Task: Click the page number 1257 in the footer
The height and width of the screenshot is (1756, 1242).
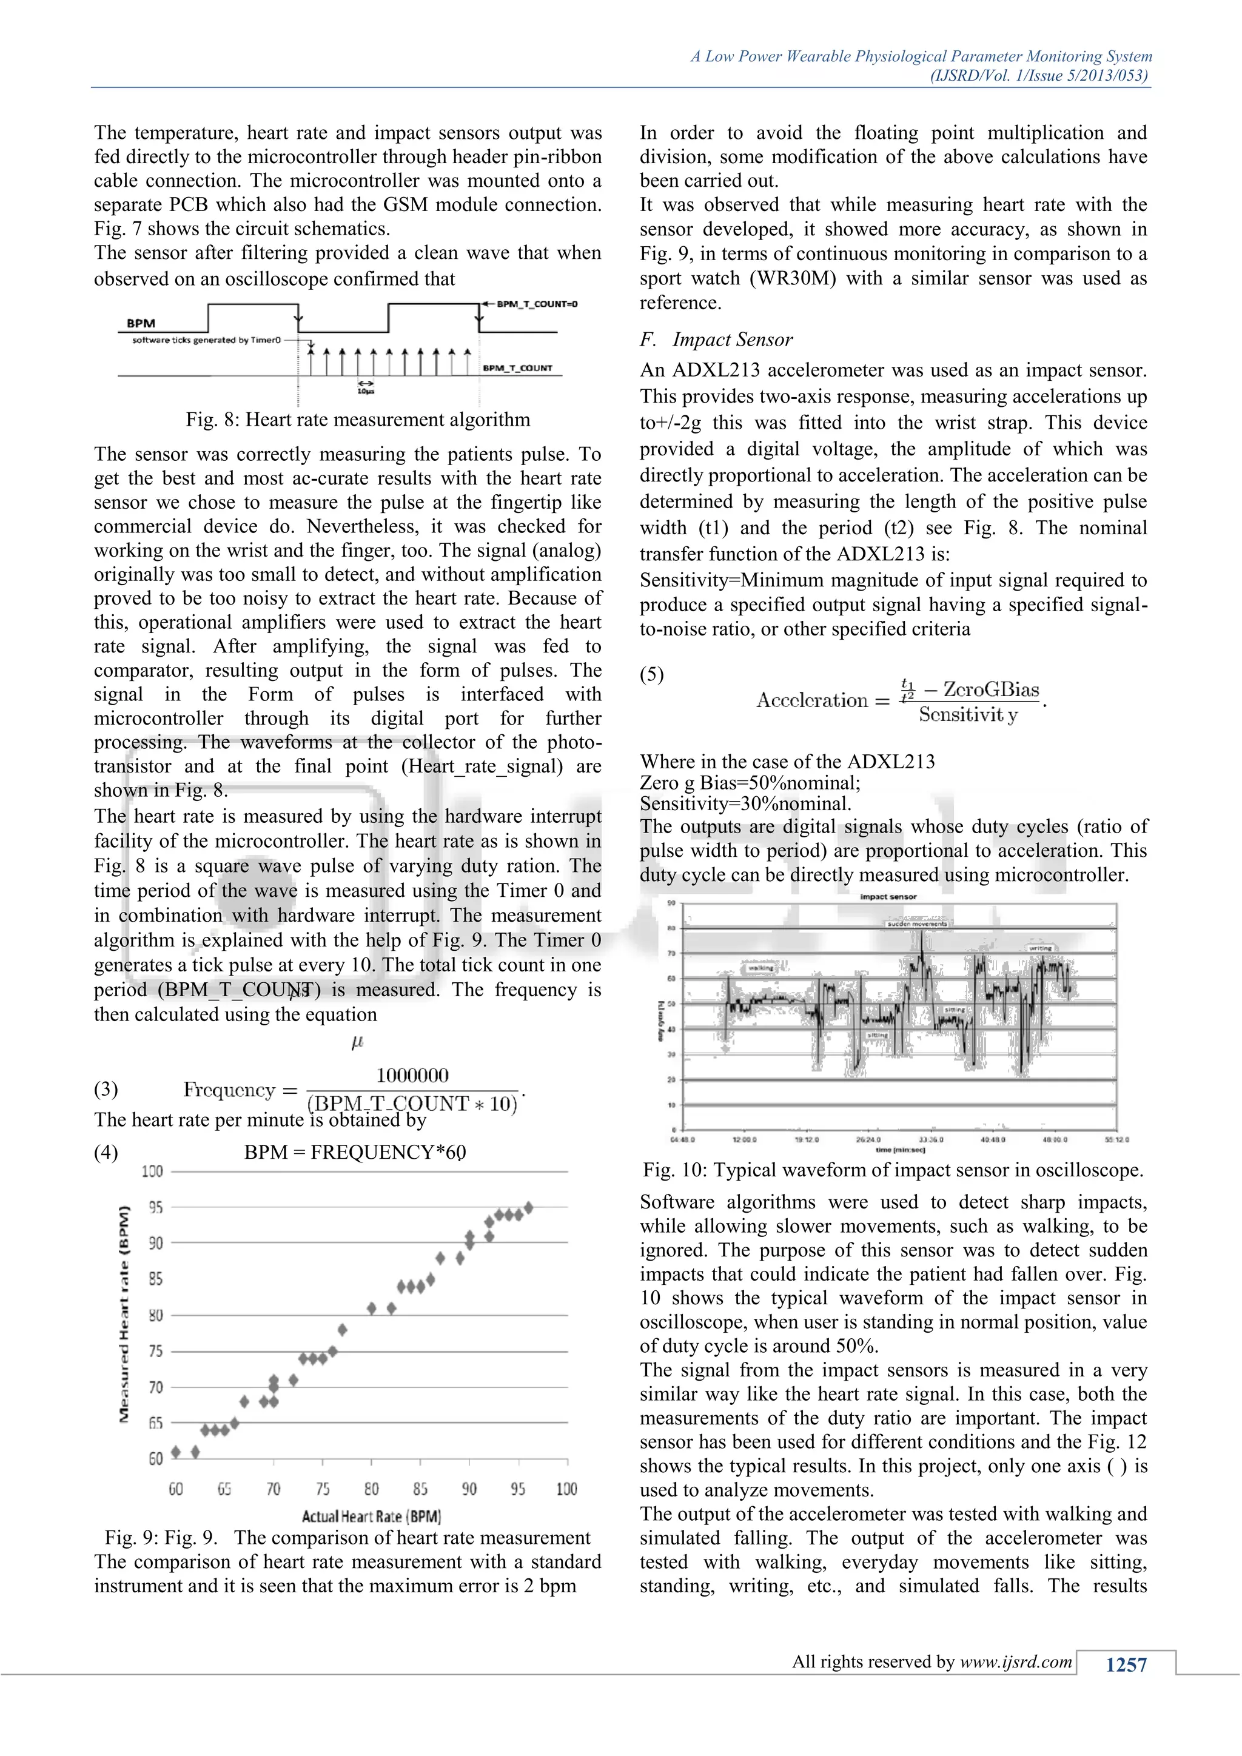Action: coord(1126,1665)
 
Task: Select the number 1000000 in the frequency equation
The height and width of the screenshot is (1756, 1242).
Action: coord(412,1075)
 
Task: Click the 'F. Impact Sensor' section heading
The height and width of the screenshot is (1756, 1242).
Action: coord(717,340)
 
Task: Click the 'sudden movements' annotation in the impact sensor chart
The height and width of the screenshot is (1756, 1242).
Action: coord(917,924)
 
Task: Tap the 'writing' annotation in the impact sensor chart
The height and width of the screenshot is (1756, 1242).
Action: coord(1040,948)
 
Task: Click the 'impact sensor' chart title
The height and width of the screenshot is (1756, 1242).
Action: coord(888,896)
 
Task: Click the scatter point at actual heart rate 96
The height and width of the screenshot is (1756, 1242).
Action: coord(528,1208)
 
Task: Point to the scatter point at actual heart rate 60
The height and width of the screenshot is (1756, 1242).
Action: coord(176,1452)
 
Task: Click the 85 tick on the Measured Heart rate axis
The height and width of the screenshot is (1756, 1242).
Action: coord(156,1279)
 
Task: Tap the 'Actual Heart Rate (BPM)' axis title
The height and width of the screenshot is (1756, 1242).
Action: coord(371,1516)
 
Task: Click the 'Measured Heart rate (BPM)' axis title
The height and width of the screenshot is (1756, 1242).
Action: coord(124,1314)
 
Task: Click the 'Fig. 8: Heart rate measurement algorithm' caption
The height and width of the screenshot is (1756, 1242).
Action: coord(357,420)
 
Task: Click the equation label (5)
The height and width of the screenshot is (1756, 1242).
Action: coord(651,674)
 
